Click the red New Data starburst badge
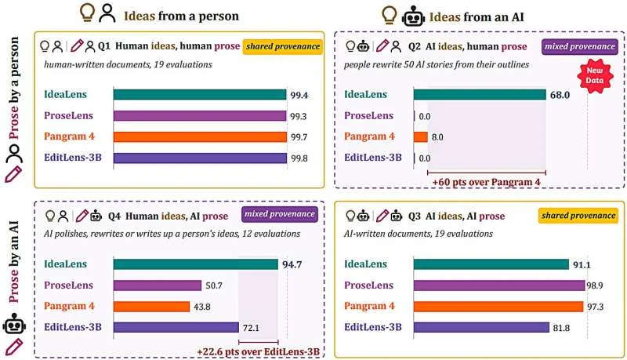(595, 75)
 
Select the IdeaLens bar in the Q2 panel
(480, 95)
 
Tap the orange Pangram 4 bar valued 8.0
(421, 136)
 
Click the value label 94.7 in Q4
(292, 264)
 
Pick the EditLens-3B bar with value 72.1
(176, 327)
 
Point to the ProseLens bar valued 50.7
(158, 285)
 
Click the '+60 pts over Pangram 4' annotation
(486, 182)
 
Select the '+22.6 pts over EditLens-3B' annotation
(259, 351)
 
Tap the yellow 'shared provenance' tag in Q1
(283, 46)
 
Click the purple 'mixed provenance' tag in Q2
(580, 46)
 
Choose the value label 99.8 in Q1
(299, 158)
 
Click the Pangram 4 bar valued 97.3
(498, 307)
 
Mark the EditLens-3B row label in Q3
(373, 327)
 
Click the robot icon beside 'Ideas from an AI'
(413, 16)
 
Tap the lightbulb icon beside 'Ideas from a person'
(88, 12)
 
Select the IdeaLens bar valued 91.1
(491, 264)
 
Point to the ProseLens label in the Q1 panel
(68, 115)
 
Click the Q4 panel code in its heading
(114, 216)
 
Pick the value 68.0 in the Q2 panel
(560, 95)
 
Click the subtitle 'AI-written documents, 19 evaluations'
(419, 234)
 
